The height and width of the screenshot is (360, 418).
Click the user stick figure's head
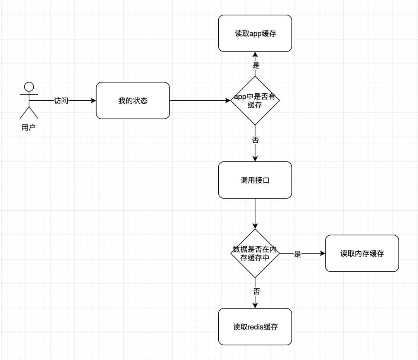[29, 86]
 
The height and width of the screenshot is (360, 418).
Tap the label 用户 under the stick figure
[29, 128]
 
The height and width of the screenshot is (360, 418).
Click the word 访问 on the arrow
[61, 101]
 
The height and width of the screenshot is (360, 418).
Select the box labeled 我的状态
[133, 101]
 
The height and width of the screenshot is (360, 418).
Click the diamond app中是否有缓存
[255, 101]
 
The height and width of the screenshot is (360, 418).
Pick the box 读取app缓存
[255, 33]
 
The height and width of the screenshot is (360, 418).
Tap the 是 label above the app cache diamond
[256, 65]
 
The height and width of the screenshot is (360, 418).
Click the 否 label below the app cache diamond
[255, 140]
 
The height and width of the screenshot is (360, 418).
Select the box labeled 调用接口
[255, 180]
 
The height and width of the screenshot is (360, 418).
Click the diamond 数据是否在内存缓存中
[255, 254]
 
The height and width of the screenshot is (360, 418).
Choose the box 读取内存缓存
[362, 254]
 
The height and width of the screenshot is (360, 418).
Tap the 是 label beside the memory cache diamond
[298, 254]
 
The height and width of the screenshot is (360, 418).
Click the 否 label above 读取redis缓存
[256, 292]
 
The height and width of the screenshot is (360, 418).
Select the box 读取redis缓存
[255, 327]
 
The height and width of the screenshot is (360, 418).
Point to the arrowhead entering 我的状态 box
[93, 101]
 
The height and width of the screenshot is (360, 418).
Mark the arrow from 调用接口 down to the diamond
[255, 213]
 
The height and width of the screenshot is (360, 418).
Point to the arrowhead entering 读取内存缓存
[322, 254]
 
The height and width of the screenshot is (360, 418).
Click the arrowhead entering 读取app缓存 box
[255, 55]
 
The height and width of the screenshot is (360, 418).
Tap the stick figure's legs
[29, 113]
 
